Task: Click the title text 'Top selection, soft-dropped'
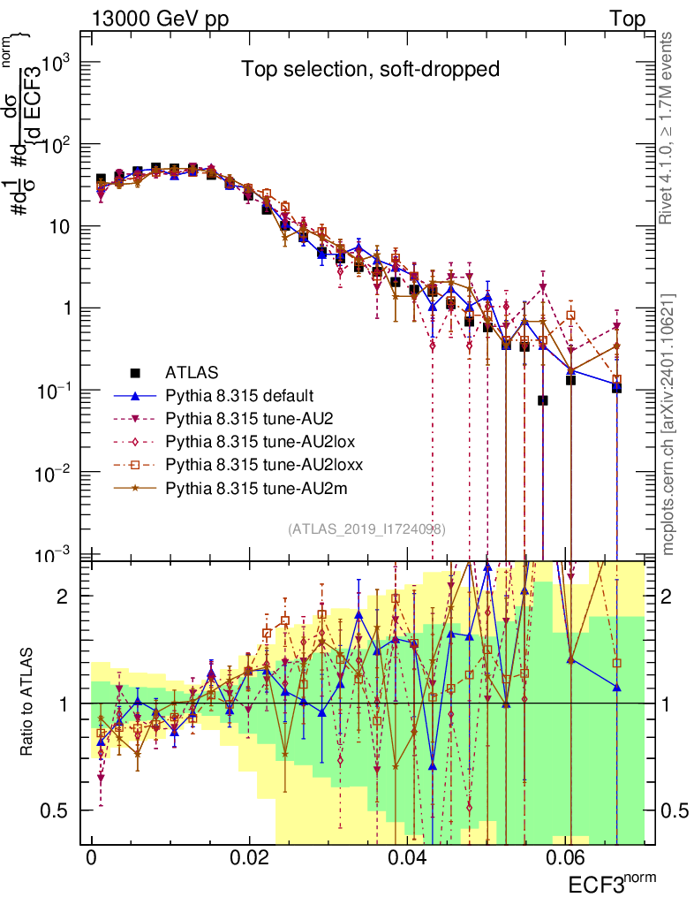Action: point(371,69)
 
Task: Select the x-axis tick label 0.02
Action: point(250,858)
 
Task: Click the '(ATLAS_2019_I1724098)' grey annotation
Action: point(366,529)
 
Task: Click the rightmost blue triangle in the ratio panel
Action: point(616,687)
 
